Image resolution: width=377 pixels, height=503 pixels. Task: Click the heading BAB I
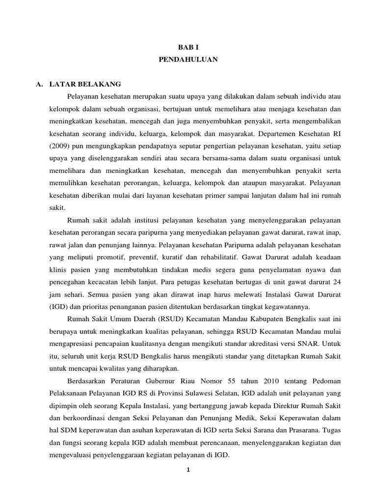point(188,46)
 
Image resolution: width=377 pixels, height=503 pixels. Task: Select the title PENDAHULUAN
point(188,59)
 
